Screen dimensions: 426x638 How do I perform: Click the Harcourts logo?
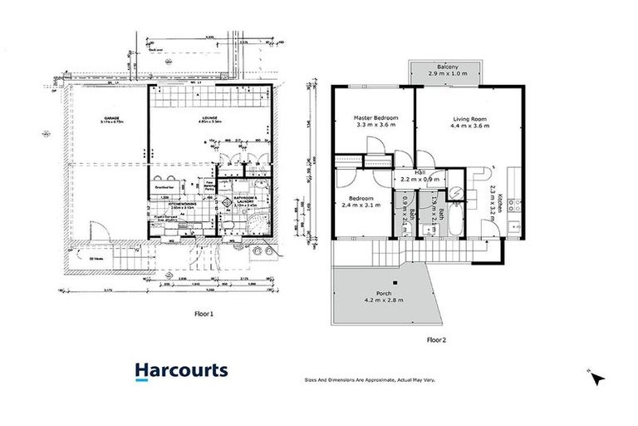pos(180,371)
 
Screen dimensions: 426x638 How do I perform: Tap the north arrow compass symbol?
pos(598,379)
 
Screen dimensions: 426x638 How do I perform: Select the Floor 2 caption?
pos(436,339)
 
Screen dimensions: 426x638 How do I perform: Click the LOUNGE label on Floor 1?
pos(209,117)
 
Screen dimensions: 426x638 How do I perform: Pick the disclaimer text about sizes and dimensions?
pos(371,380)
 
